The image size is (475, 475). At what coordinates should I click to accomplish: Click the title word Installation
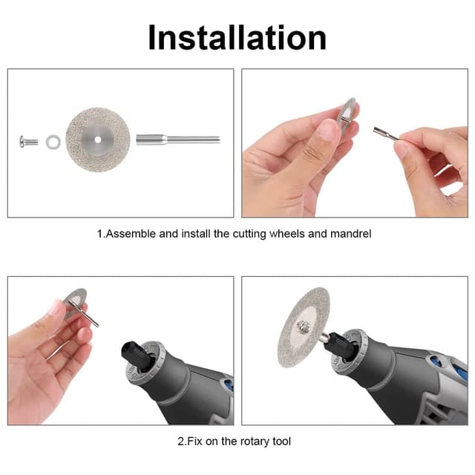click(237, 37)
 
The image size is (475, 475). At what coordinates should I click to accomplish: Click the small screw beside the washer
click(29, 142)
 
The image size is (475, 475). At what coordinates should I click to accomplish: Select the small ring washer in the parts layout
click(53, 142)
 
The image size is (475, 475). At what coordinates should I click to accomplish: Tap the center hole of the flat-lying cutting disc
click(97, 140)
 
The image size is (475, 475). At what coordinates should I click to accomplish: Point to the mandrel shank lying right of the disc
click(178, 140)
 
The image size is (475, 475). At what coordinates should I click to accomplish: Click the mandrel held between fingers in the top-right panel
click(386, 134)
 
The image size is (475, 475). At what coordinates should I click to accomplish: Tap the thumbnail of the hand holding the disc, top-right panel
click(328, 130)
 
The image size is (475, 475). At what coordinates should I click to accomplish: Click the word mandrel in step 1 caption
click(350, 234)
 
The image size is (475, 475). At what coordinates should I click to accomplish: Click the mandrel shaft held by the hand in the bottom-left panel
click(84, 313)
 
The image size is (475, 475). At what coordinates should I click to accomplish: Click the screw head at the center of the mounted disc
click(303, 327)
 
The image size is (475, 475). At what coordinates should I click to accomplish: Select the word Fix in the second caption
click(194, 442)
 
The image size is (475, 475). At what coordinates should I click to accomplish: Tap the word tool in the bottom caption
click(281, 442)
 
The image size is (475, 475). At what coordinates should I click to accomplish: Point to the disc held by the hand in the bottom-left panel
click(76, 303)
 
